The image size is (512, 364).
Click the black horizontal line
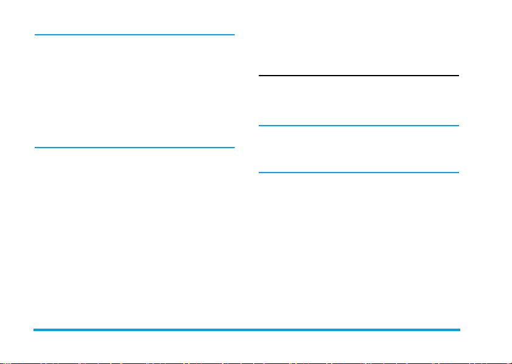[359, 76]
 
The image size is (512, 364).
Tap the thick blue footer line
[247, 330]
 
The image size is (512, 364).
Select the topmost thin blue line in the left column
[135, 35]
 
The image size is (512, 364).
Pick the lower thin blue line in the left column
[135, 147]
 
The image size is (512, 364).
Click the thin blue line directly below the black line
[359, 126]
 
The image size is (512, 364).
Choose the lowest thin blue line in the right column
[359, 173]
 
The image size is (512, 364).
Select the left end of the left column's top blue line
[36, 35]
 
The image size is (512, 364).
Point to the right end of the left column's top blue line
[233, 35]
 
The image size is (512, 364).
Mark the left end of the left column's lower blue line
[36, 147]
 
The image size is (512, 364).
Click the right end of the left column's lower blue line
[233, 147]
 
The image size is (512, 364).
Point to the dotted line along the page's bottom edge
[256, 362]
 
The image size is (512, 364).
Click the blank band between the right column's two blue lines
[359, 149]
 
